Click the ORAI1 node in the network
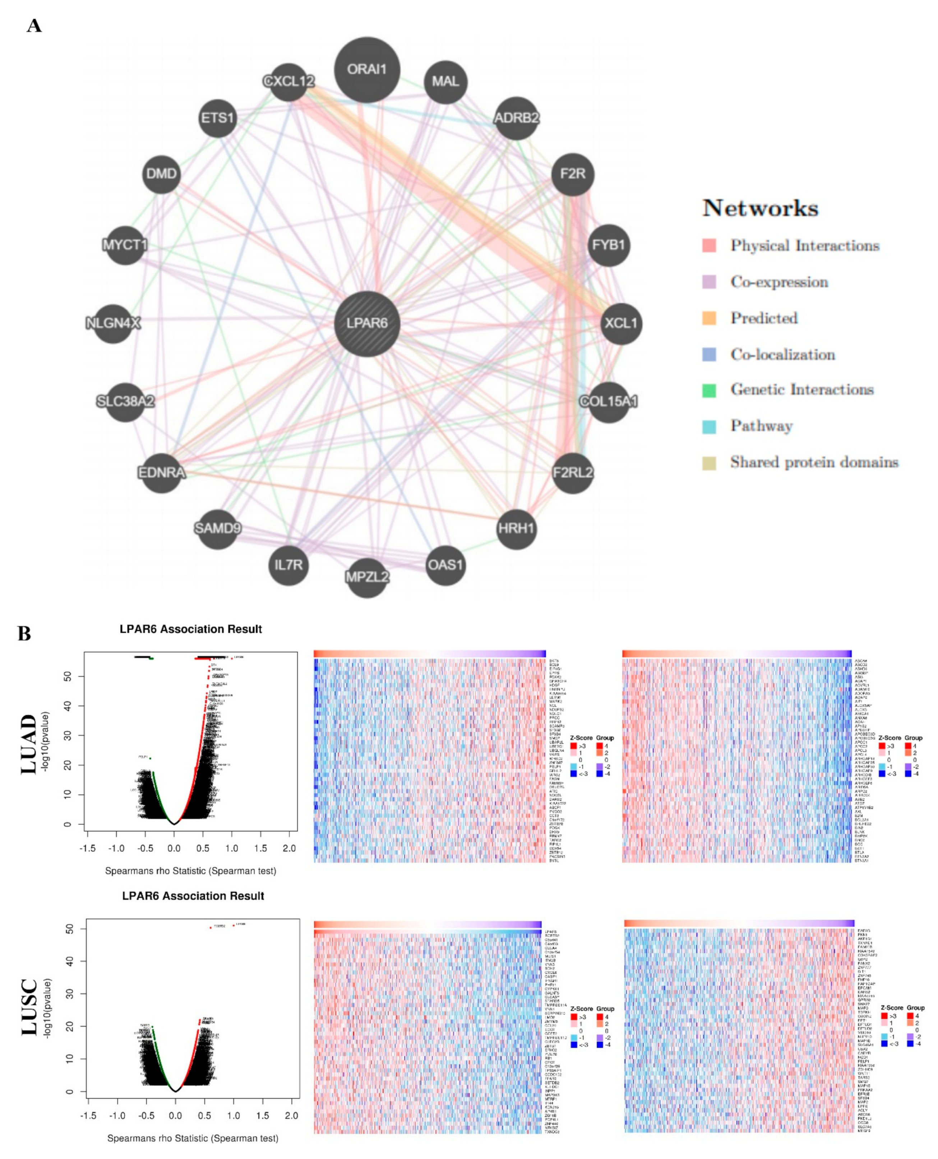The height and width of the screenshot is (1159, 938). [367, 70]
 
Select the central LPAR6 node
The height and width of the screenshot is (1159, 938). [367, 323]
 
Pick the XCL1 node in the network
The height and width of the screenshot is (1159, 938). [621, 323]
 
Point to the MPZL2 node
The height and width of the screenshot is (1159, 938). [367, 577]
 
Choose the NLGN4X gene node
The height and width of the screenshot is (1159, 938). [113, 323]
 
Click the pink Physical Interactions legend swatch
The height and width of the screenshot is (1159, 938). [709, 246]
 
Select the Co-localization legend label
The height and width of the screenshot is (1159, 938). [782, 355]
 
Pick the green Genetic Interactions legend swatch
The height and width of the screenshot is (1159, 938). [709, 390]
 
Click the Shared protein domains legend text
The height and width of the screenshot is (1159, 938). [814, 462]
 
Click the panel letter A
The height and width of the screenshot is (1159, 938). [33, 26]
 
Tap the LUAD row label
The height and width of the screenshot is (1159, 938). [29, 744]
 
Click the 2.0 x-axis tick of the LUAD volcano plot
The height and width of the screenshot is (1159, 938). [289, 848]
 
